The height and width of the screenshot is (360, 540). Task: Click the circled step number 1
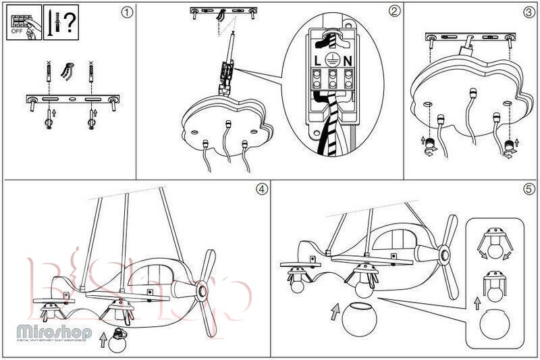125,11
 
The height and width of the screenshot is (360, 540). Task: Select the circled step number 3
529,11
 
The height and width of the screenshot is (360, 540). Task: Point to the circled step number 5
529,188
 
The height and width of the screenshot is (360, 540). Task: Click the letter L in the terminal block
317,60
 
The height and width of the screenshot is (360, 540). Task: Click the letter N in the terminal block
347,60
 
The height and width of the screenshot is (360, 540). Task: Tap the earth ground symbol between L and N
331,59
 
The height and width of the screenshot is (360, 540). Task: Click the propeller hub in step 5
444,255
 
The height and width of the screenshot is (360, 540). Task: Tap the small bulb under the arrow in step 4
120,340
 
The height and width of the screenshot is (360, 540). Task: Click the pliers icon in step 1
67,71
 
